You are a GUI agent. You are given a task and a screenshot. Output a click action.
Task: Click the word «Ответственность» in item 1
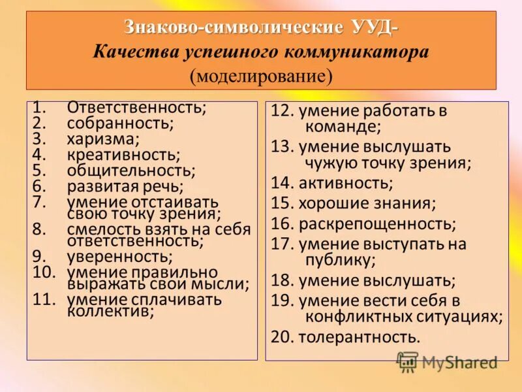pyautogui.click(x=136, y=106)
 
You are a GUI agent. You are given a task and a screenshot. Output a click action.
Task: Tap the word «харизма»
pyautogui.click(x=102, y=139)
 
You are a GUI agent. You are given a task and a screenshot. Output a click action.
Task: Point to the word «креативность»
pyautogui.click(x=122, y=155)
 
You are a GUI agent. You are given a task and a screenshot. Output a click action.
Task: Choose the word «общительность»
pyautogui.click(x=130, y=171)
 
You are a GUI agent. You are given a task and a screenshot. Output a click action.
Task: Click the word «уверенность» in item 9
pyautogui.click(x=119, y=255)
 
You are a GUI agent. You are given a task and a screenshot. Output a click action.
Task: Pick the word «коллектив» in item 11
pyautogui.click(x=110, y=311)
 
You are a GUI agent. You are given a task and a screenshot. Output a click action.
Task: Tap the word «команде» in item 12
pyautogui.click(x=342, y=127)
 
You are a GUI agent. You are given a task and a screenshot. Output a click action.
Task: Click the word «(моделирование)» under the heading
pyautogui.click(x=261, y=75)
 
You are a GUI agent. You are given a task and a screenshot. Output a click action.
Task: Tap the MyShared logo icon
pyautogui.click(x=408, y=361)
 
